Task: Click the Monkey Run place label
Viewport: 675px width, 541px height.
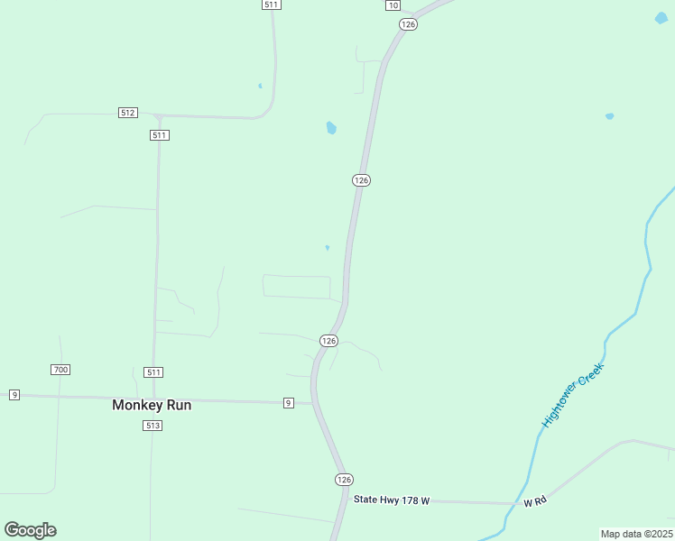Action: point(152,406)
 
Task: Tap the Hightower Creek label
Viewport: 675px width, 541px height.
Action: point(570,395)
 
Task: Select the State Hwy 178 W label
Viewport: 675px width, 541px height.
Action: point(392,500)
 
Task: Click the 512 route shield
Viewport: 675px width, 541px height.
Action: point(127,113)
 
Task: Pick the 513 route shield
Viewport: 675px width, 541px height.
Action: point(152,426)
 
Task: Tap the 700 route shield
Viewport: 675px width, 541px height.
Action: point(60,370)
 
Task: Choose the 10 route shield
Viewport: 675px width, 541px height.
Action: point(392,5)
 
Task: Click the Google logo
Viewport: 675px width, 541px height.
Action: point(30,530)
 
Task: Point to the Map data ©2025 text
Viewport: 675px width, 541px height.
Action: point(637,534)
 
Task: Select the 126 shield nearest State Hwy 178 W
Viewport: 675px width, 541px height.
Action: point(343,479)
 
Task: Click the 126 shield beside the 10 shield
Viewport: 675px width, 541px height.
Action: point(409,24)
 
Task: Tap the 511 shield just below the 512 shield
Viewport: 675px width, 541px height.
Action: point(160,135)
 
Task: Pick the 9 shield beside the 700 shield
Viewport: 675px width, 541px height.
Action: point(14,395)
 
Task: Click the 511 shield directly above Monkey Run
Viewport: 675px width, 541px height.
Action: point(154,372)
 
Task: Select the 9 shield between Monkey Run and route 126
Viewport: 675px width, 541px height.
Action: point(288,402)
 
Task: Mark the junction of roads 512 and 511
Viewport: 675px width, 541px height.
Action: point(159,117)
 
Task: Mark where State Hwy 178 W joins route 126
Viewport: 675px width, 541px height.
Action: point(346,499)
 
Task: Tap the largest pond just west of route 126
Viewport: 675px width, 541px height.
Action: point(331,128)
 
